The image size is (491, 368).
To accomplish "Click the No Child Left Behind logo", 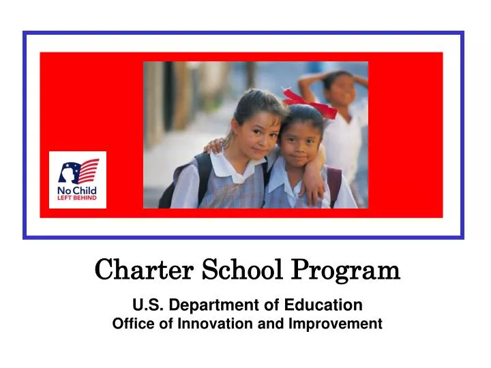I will (78, 180).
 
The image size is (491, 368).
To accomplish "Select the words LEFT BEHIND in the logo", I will (77, 198).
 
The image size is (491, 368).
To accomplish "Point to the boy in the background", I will (340, 123).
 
